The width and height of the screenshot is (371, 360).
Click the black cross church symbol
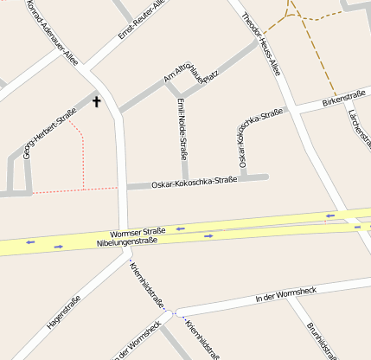(96, 102)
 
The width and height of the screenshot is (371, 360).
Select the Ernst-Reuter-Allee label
(141, 20)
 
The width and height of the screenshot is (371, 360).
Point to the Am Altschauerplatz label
(189, 67)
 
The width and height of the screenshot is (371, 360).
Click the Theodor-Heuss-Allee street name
(260, 44)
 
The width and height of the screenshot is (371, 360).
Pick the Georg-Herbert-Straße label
(48, 132)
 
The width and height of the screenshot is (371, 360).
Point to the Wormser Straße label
(138, 232)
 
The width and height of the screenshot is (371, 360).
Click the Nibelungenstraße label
(127, 242)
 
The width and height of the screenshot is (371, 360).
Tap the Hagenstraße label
(64, 312)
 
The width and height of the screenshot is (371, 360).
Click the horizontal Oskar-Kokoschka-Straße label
(194, 182)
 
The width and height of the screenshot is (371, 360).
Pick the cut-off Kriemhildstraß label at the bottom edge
(202, 341)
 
